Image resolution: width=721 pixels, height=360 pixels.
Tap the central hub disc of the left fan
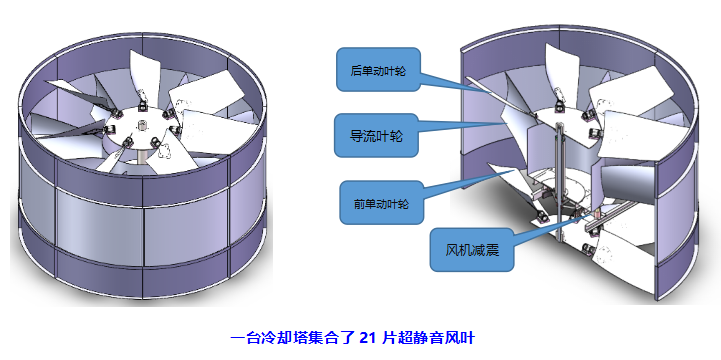141,128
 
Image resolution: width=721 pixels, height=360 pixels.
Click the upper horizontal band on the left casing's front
140,186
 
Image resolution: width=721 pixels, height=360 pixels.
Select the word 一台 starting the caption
245,338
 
